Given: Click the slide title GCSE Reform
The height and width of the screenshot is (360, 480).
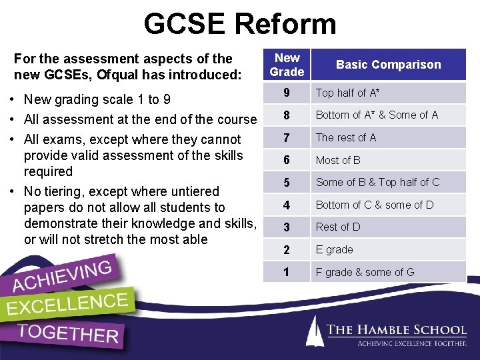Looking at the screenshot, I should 240,25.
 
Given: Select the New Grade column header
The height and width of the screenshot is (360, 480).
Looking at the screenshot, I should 287,65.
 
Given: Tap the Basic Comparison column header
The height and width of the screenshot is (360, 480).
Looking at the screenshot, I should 388,65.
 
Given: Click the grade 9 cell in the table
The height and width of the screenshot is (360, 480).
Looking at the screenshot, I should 287,93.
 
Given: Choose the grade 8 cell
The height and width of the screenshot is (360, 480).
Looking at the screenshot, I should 287,115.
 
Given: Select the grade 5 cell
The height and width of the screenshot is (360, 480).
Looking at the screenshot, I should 287,182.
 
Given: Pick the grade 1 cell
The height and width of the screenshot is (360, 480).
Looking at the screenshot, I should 287,272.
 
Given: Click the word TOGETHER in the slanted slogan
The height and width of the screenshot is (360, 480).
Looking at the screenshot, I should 68,333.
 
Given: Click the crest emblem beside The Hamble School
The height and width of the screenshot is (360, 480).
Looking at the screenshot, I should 315,331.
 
